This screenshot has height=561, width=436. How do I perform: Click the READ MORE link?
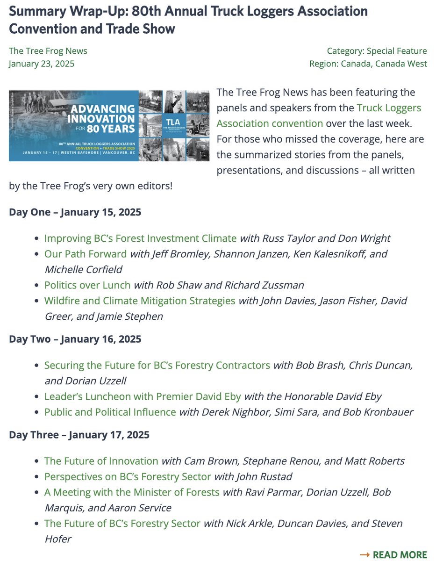pyautogui.click(x=400, y=554)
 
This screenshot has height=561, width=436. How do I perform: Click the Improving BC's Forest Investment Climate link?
pyautogui.click(x=140, y=238)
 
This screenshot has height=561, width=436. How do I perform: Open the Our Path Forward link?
pyautogui.click(x=86, y=254)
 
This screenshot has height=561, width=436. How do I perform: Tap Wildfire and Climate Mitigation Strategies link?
pyautogui.click(x=140, y=300)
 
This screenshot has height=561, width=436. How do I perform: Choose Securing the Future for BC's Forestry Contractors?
pyautogui.click(x=157, y=365)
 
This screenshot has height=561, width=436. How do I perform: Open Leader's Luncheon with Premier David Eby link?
pyautogui.click(x=143, y=396)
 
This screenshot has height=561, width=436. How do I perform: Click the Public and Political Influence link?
pyautogui.click(x=110, y=412)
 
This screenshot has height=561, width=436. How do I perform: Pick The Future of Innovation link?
pyautogui.click(x=101, y=461)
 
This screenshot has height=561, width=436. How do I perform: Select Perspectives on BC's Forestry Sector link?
pyautogui.click(x=127, y=477)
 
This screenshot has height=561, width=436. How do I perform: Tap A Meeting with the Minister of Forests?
pyautogui.click(x=132, y=492)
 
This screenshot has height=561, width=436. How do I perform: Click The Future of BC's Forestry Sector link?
pyautogui.click(x=122, y=523)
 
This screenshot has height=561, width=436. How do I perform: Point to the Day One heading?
pyautogui.click(x=75, y=212)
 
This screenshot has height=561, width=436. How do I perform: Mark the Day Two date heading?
pyautogui.click(x=75, y=339)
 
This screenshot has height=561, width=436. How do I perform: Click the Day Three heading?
pyautogui.click(x=79, y=435)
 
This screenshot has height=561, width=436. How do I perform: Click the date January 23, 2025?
pyautogui.click(x=41, y=64)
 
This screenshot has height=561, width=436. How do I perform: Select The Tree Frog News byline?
pyautogui.click(x=48, y=51)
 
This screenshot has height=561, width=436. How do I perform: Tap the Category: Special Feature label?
pyautogui.click(x=377, y=51)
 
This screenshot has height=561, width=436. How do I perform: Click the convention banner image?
pyautogui.click(x=109, y=126)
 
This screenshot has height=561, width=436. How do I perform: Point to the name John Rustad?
pyautogui.click(x=265, y=477)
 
